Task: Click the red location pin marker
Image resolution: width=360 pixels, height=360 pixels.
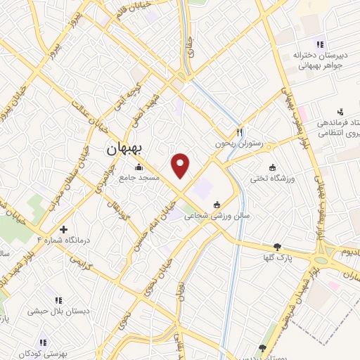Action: (181, 165)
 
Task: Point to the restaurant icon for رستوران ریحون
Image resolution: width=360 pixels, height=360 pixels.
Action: (240, 131)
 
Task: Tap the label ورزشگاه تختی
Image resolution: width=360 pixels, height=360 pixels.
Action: (272, 179)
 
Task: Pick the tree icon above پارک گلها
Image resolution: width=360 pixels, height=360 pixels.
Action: (278, 247)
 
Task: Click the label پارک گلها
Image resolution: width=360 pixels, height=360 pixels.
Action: (279, 258)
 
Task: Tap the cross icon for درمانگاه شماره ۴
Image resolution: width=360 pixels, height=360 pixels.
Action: (64, 229)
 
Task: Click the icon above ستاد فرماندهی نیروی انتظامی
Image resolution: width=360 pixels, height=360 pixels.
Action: (340, 111)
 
